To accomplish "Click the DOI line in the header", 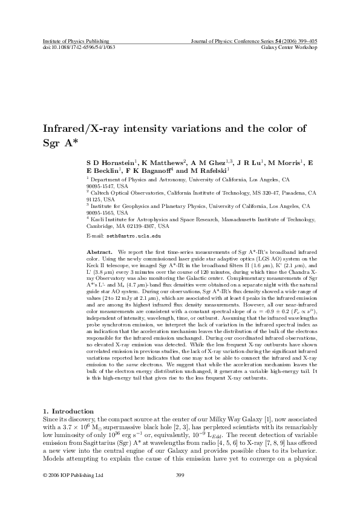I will point(79,46).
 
